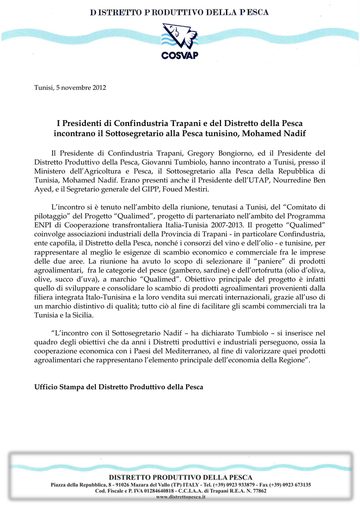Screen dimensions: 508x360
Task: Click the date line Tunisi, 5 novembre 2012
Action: coord(70,88)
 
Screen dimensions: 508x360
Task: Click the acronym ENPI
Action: coord(44,225)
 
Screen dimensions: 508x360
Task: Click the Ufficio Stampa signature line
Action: coord(119,386)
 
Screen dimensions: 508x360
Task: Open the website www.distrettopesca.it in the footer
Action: coord(180,497)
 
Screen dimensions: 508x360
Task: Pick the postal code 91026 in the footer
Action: coord(119,484)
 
